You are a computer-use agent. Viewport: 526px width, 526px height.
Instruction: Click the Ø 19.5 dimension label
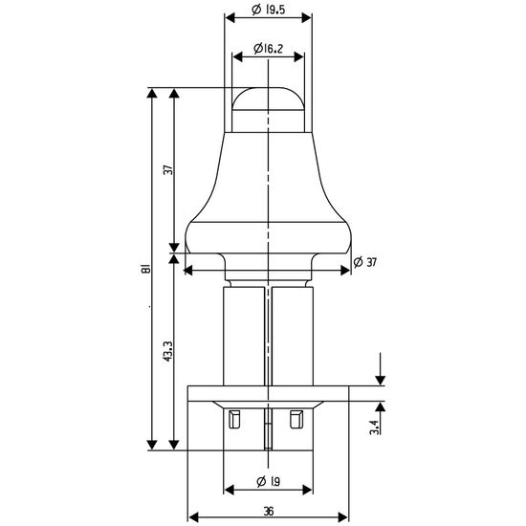269,10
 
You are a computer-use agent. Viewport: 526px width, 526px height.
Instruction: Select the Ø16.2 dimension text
269,49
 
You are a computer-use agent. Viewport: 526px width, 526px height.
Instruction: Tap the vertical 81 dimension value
145,269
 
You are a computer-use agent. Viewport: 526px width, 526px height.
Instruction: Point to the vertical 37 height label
169,169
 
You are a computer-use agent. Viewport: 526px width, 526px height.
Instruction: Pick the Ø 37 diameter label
365,262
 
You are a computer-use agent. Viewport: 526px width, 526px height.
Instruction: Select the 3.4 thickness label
374,427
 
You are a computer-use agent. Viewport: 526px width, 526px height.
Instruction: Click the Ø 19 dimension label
268,482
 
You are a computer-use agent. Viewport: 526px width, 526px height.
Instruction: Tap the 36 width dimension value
269,512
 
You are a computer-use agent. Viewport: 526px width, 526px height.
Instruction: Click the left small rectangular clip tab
234,419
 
